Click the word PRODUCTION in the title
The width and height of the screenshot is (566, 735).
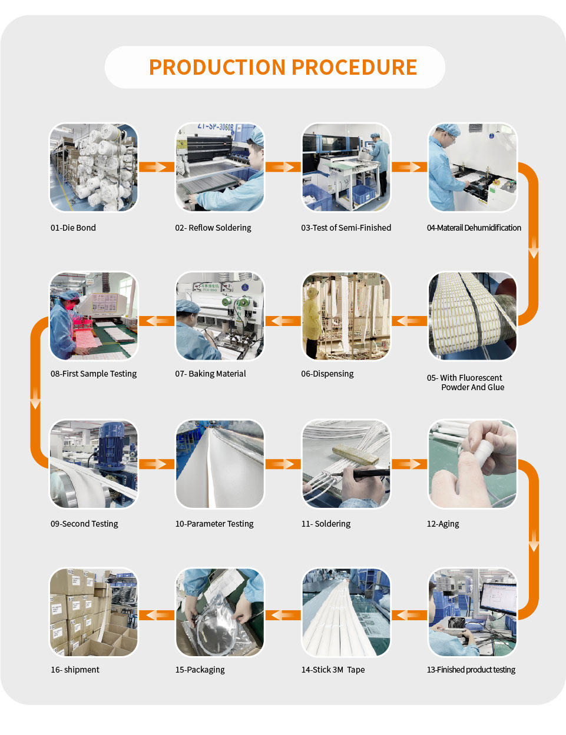coord(217,67)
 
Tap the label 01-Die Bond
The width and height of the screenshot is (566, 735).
coord(73,228)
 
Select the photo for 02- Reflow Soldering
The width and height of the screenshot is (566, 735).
coord(220,168)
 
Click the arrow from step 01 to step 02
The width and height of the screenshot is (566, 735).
coord(157,167)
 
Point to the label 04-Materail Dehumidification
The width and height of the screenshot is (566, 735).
coord(474,228)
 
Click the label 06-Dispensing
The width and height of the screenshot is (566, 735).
coord(327,374)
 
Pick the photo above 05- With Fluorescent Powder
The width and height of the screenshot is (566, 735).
coord(472,316)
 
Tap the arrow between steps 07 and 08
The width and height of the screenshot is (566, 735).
coord(157,321)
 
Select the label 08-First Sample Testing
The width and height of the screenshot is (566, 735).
coord(94,374)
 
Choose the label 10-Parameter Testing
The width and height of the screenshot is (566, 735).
coord(214,524)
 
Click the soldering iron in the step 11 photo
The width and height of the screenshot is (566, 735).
coord(362,474)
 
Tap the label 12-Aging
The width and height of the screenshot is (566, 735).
coord(443,524)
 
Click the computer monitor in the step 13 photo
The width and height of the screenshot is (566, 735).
coord(498,598)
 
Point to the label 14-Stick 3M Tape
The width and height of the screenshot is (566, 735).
coord(333,670)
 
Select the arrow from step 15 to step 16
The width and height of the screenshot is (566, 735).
coord(157,615)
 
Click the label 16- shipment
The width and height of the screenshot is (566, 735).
coord(75,670)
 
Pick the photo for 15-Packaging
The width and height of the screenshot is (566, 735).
coord(220,612)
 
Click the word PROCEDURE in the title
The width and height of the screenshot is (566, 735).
coord(355,67)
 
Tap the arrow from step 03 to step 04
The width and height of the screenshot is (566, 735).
coord(409,167)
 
